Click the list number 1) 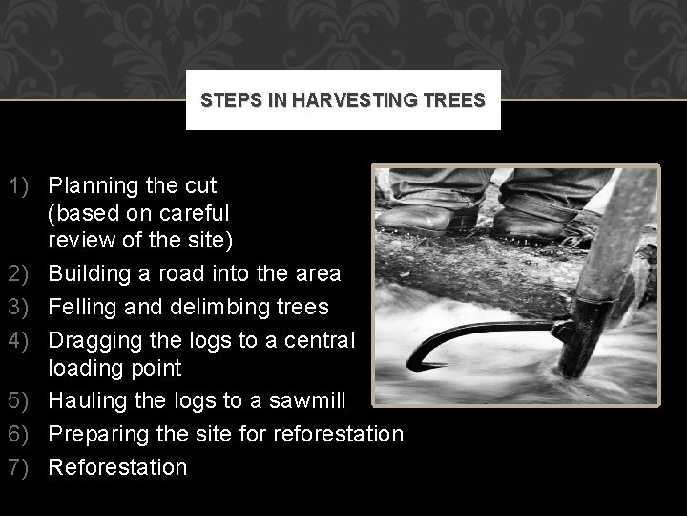20,184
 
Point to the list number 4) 20,340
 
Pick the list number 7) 20,467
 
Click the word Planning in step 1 96,184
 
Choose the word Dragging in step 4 94,340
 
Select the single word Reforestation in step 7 118,467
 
